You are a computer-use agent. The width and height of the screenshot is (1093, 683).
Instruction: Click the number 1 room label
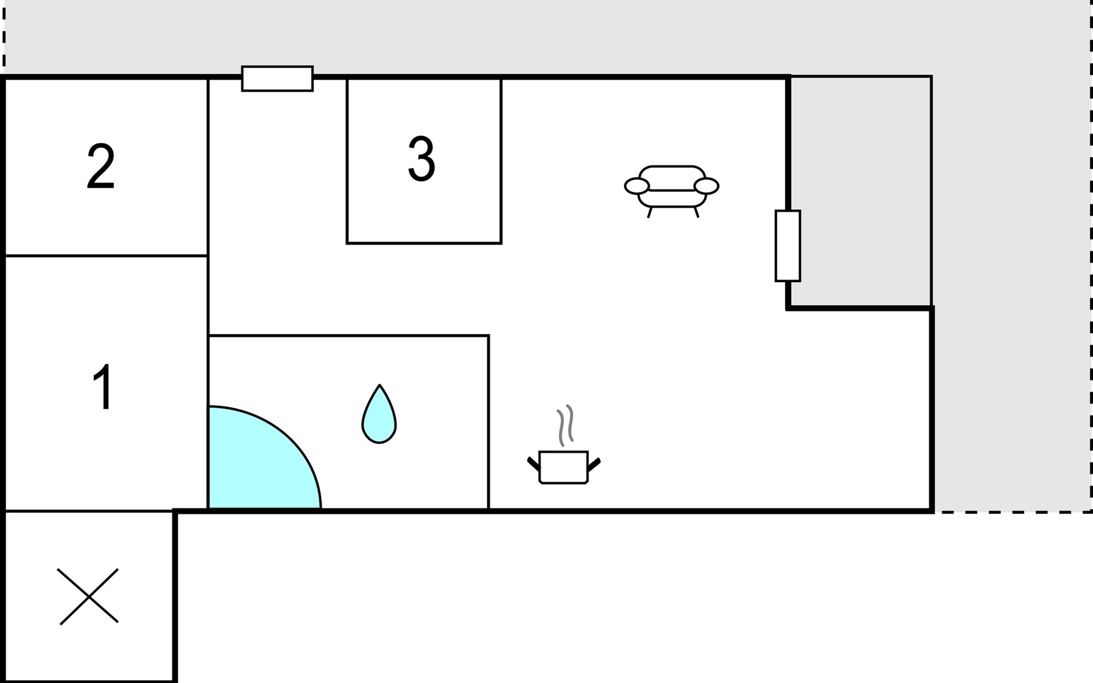tap(103, 387)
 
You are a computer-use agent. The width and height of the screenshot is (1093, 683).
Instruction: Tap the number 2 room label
tap(101, 166)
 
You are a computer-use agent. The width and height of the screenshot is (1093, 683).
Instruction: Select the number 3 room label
tap(422, 159)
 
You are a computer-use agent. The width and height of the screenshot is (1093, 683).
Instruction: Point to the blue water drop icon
tap(379, 415)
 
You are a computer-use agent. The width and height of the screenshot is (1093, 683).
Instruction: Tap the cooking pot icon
tap(564, 467)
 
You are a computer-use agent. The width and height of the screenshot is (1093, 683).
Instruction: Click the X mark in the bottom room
tap(89, 596)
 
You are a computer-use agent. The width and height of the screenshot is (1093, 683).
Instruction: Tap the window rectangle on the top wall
tap(277, 79)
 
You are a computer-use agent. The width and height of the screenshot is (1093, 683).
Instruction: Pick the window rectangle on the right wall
tap(788, 246)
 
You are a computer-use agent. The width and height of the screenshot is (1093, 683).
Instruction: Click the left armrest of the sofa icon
tap(636, 186)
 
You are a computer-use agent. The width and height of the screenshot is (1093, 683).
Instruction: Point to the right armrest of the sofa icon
tap(707, 186)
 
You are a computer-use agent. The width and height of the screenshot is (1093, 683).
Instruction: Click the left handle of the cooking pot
tap(533, 463)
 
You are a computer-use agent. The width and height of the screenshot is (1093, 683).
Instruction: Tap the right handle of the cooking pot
tap(594, 464)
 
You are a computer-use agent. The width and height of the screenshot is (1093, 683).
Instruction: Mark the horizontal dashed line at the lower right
tap(1013, 512)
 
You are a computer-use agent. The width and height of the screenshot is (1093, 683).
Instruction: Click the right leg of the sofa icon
tap(696, 212)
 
